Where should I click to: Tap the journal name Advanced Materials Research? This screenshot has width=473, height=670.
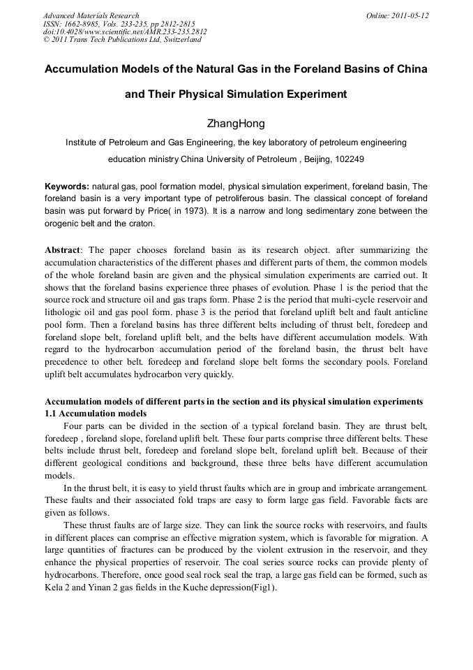(x=91, y=15)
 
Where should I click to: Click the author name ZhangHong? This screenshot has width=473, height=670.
(x=236, y=124)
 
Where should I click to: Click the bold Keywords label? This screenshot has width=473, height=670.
(x=67, y=187)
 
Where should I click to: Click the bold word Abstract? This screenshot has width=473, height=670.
(x=63, y=250)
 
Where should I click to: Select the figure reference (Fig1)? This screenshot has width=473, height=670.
(x=262, y=588)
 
